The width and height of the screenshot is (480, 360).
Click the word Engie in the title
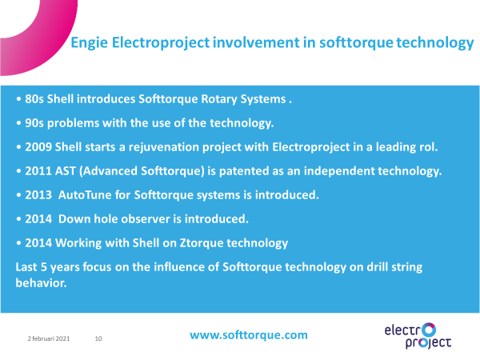click(x=89, y=43)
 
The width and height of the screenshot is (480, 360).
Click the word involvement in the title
click(x=256, y=42)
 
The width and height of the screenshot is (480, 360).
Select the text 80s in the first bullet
click(x=34, y=99)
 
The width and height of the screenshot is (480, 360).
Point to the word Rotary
click(x=219, y=99)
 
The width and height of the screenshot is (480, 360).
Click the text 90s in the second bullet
click(x=34, y=123)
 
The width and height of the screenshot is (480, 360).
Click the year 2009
click(x=38, y=147)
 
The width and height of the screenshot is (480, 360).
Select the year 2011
click(x=38, y=171)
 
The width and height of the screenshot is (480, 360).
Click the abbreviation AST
click(x=66, y=171)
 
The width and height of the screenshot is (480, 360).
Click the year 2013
click(x=38, y=195)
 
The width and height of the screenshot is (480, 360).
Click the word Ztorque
click(x=202, y=243)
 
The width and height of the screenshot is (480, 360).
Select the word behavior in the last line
click(x=41, y=283)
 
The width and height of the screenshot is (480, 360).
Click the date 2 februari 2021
click(x=49, y=338)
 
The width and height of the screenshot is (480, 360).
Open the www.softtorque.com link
click(x=249, y=335)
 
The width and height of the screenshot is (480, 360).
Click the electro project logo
click(x=418, y=336)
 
